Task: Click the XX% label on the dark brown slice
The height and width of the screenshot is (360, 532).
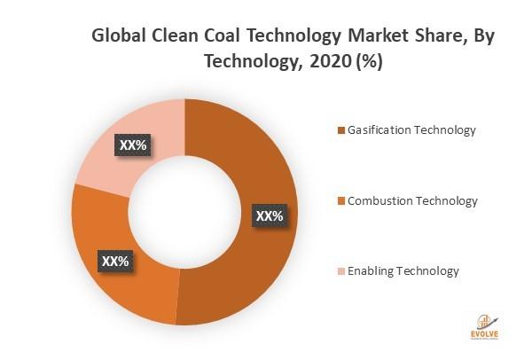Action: (270, 215)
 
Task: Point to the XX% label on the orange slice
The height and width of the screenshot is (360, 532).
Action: (116, 262)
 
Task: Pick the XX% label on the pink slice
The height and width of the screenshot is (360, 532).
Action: (133, 143)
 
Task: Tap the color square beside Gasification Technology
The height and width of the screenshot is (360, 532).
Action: (341, 131)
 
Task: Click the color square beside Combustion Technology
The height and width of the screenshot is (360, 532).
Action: (341, 201)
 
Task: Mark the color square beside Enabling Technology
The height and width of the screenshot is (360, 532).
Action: (341, 271)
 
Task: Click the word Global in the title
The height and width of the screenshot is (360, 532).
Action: (120, 38)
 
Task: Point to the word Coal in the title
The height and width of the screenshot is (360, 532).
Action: (223, 38)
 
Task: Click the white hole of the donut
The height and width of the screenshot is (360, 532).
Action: (184, 212)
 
